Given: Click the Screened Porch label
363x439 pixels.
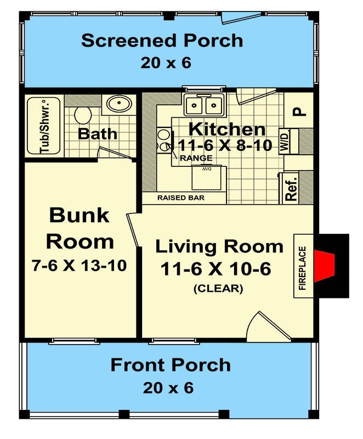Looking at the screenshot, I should [x=162, y=41].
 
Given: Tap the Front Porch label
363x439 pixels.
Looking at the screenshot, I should [x=171, y=365].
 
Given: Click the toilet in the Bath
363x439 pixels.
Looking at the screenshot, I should [x=83, y=115].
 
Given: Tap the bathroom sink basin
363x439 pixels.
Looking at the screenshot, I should [x=116, y=103].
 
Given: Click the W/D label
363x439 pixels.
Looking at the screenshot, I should [x=285, y=141].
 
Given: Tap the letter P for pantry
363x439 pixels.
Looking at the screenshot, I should [x=297, y=111].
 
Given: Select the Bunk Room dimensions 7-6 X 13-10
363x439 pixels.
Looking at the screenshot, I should [x=80, y=266].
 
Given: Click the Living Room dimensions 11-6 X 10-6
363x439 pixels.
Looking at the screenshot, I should [x=215, y=269].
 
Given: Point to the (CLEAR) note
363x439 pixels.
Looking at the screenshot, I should [x=218, y=289].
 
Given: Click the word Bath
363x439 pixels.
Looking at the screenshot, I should [x=97, y=133].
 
